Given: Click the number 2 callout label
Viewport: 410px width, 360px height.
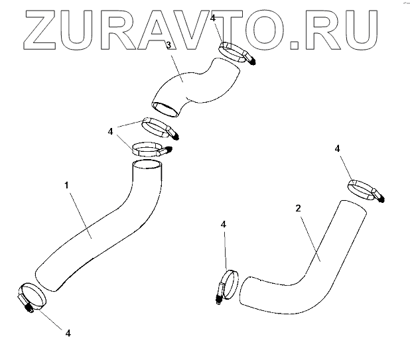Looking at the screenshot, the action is click(299, 208).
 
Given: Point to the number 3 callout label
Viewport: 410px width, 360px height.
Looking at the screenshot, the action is click(169, 45).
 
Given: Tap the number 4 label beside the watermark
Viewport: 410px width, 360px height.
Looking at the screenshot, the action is click(212, 18).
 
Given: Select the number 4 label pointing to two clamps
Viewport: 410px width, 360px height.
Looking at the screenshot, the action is click(111, 132).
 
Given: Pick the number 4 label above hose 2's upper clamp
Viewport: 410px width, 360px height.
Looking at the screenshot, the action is click(337, 149).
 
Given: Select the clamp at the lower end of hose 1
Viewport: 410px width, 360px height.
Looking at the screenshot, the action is click(31, 296).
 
